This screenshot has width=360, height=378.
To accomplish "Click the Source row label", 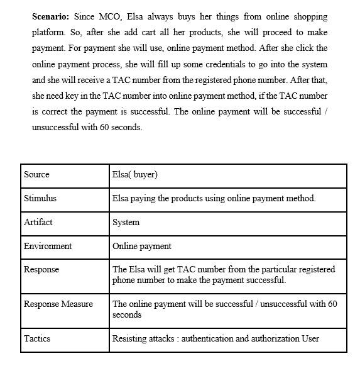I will (36, 174).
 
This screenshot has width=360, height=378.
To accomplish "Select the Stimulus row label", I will (40, 198).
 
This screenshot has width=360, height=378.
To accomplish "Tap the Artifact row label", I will (38, 222).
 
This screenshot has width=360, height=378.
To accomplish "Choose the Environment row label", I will (48, 246).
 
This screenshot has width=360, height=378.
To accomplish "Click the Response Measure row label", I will (58, 304).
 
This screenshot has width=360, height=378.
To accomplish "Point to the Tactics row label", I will (36, 338).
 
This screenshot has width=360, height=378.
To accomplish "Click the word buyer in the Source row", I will (144, 174).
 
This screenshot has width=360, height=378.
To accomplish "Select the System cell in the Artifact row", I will (126, 222).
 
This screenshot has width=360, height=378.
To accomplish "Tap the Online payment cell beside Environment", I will (142, 246).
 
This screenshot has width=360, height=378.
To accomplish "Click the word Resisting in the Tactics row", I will (130, 338).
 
